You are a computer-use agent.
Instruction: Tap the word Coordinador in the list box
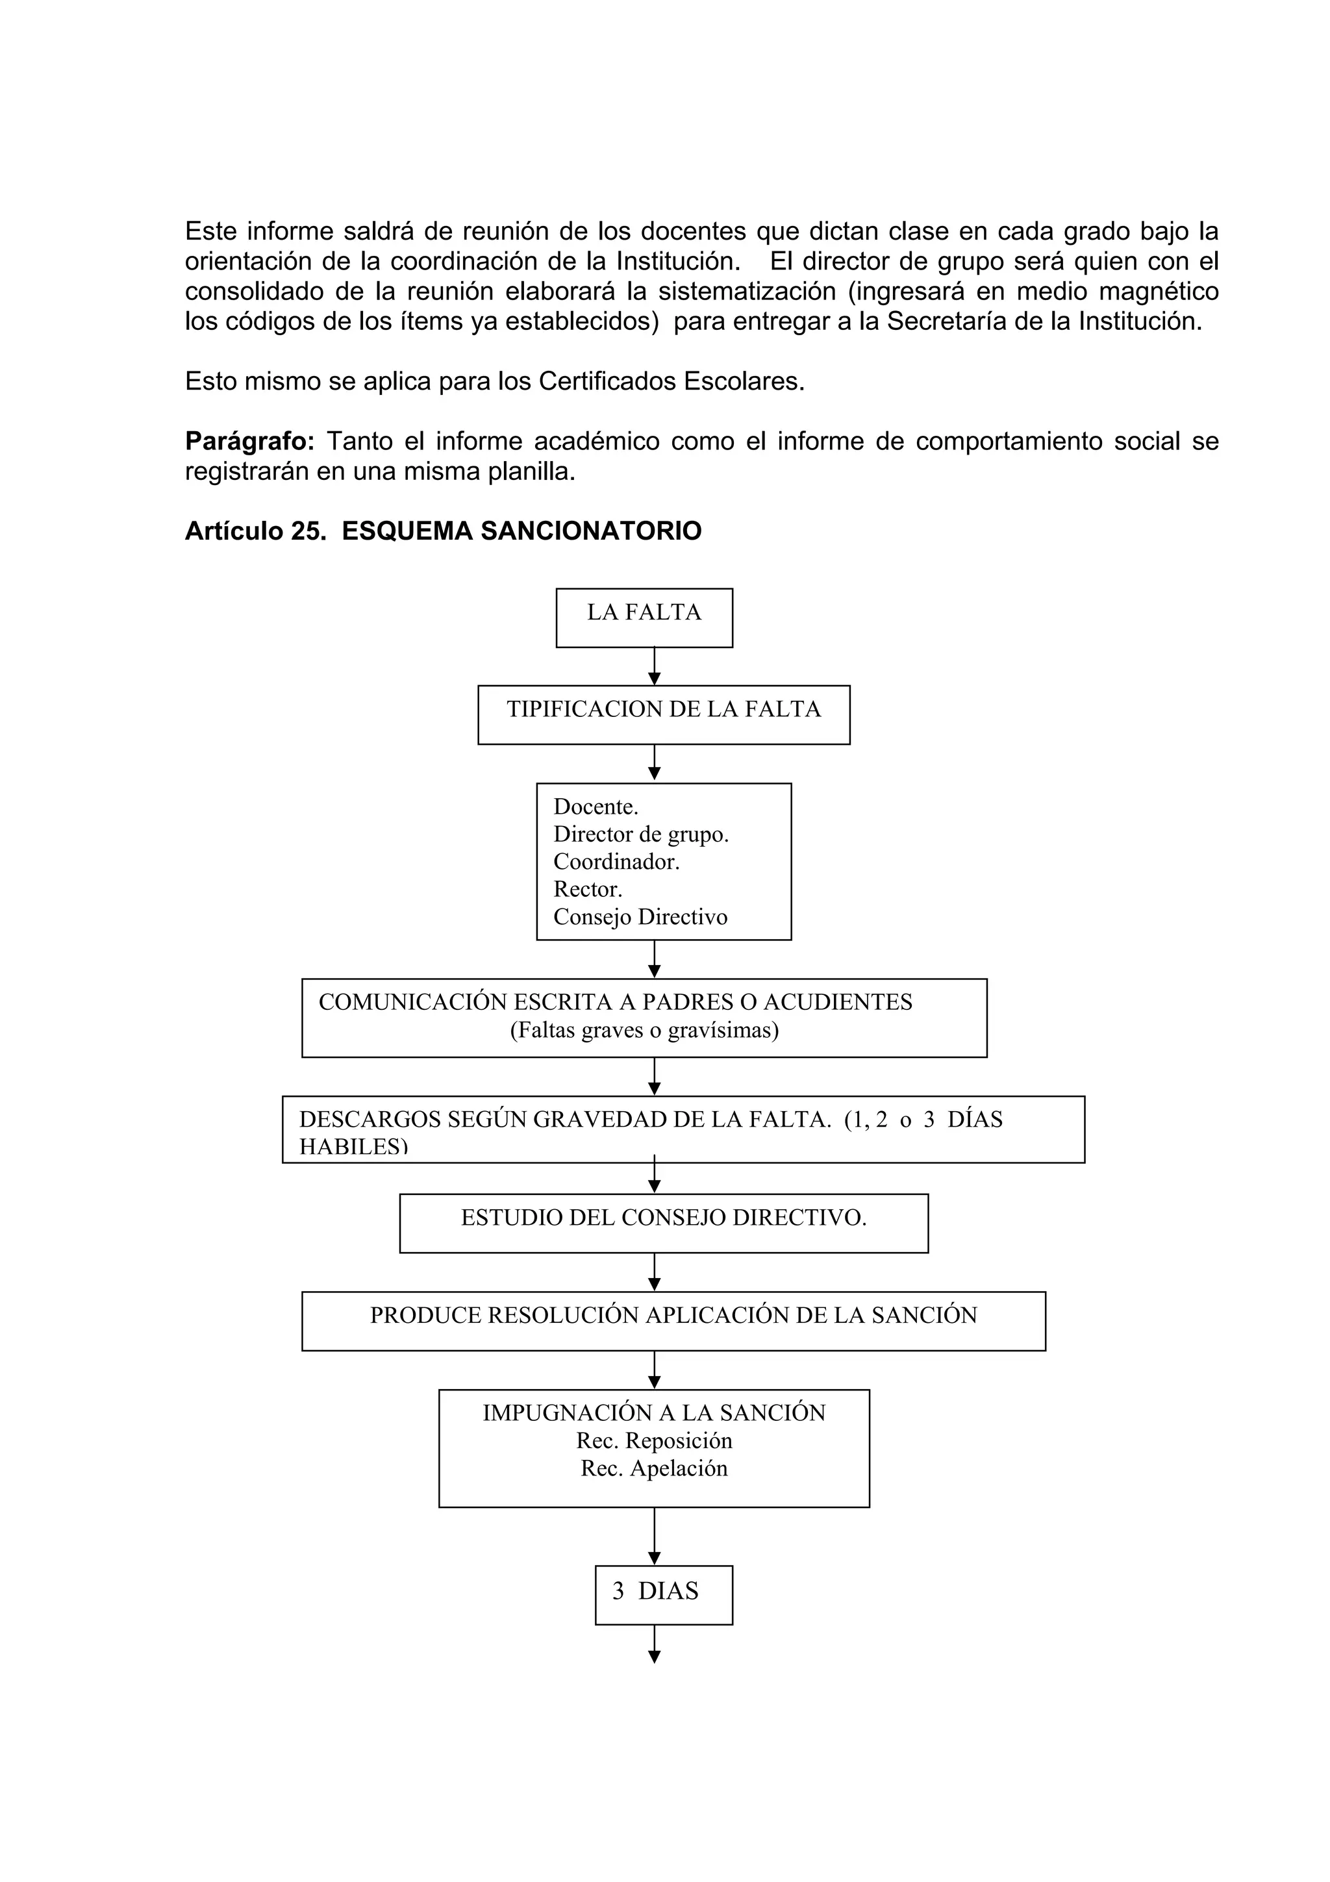tap(616, 862)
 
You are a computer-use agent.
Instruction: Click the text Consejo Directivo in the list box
tap(640, 916)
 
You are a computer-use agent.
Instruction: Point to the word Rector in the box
tap(588, 889)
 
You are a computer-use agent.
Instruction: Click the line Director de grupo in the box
tap(641, 834)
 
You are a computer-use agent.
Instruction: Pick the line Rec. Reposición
tap(654, 1440)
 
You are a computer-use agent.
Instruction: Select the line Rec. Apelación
tap(654, 1468)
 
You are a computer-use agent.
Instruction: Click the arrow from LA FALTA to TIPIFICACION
tap(654, 666)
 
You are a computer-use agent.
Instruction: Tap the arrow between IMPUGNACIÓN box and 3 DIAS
tap(654, 1535)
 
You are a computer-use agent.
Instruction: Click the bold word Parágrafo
tap(249, 442)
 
